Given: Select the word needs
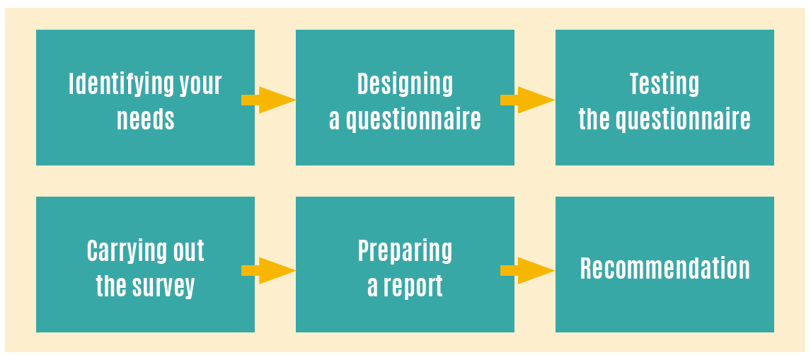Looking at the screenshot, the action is coord(146,120).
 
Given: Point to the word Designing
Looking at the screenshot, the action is coord(405,85).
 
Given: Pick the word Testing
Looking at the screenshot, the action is coord(665,85).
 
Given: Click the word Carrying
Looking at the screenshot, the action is coord(122,252).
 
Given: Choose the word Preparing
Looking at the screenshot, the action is coord(405,252).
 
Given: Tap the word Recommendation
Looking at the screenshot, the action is coord(665,269).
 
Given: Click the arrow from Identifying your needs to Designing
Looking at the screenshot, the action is coord(268,100).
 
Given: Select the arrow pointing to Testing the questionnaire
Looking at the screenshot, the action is coord(527,100).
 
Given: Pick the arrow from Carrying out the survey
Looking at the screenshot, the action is coord(268,270).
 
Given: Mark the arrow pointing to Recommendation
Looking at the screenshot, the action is coord(527,270).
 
